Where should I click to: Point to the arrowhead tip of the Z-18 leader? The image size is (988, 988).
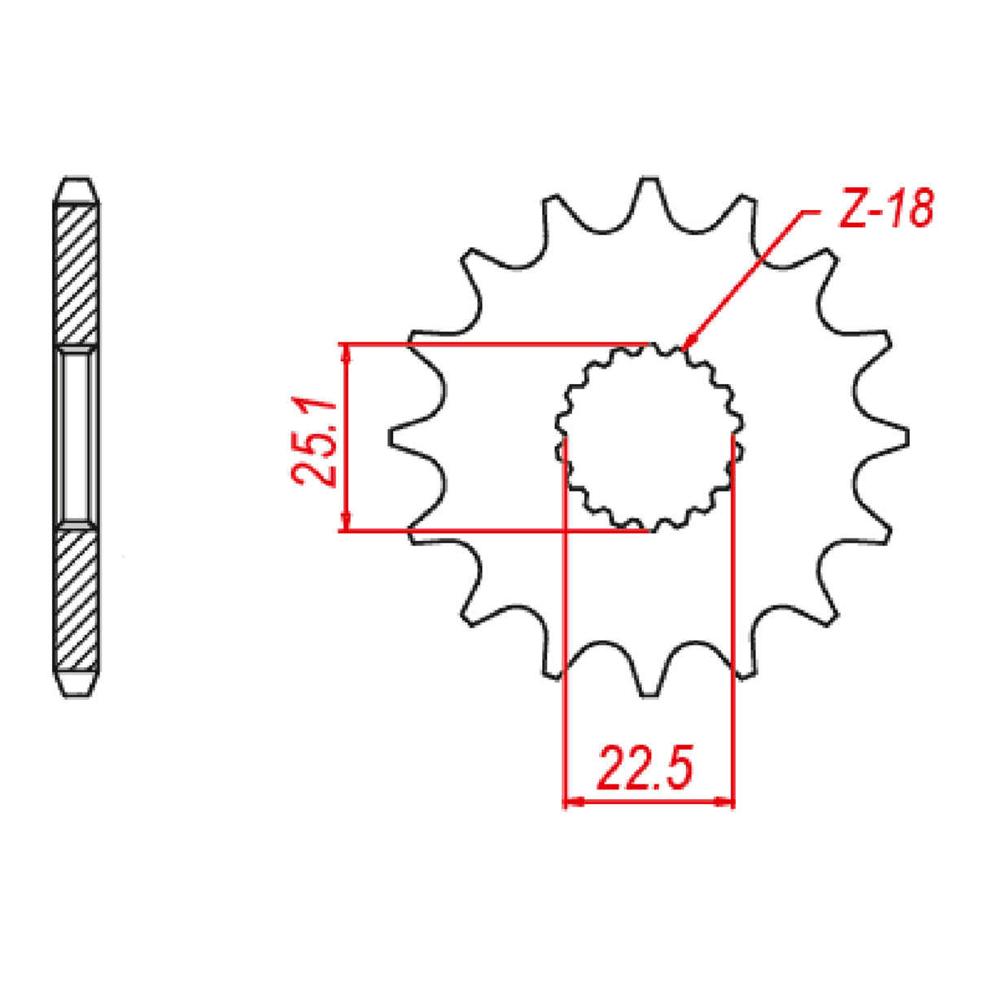click(x=685, y=344)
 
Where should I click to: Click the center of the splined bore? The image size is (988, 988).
click(x=649, y=437)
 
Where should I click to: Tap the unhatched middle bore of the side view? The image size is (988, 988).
click(x=77, y=437)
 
